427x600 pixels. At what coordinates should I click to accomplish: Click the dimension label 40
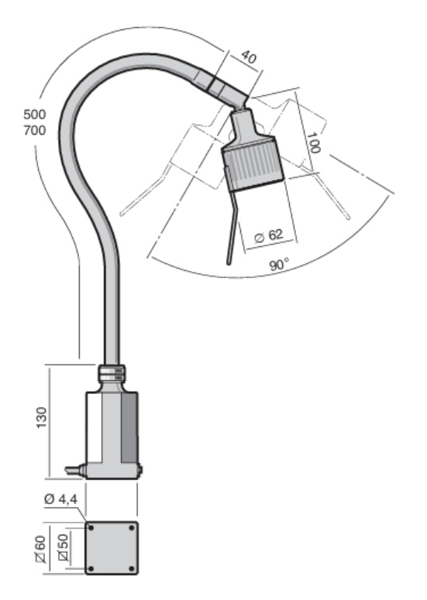click(x=249, y=57)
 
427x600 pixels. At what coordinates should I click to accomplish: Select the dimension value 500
click(x=34, y=115)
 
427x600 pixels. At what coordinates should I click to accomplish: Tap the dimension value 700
click(x=34, y=131)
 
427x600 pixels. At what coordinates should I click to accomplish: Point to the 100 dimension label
click(x=313, y=142)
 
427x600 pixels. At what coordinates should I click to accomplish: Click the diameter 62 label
click(x=269, y=235)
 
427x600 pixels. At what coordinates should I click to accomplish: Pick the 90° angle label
click(x=279, y=265)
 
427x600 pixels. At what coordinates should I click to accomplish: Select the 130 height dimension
click(x=41, y=417)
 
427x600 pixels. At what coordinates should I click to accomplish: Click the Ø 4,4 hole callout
click(x=61, y=499)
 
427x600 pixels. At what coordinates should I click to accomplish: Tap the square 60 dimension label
click(x=40, y=549)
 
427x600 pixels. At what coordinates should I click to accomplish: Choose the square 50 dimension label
click(x=64, y=547)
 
